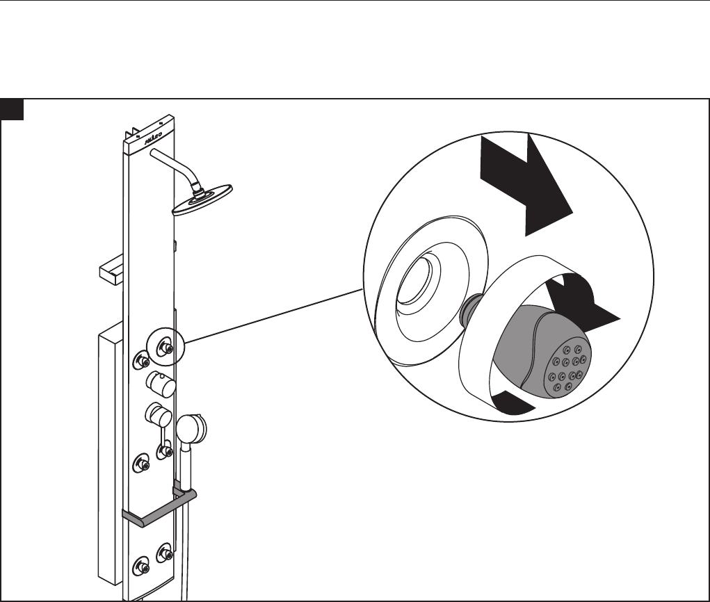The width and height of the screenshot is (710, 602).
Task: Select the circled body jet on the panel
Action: pyautogui.click(x=166, y=347)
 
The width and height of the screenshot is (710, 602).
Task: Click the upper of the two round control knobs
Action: pyautogui.click(x=159, y=382)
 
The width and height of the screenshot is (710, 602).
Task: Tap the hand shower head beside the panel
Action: pyautogui.click(x=191, y=428)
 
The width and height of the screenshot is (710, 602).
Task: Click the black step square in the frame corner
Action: pyautogui.click(x=13, y=109)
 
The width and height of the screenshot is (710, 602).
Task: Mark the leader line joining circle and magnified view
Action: pyautogui.click(x=271, y=317)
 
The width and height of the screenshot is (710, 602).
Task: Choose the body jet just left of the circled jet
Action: pyautogui.click(x=141, y=359)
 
